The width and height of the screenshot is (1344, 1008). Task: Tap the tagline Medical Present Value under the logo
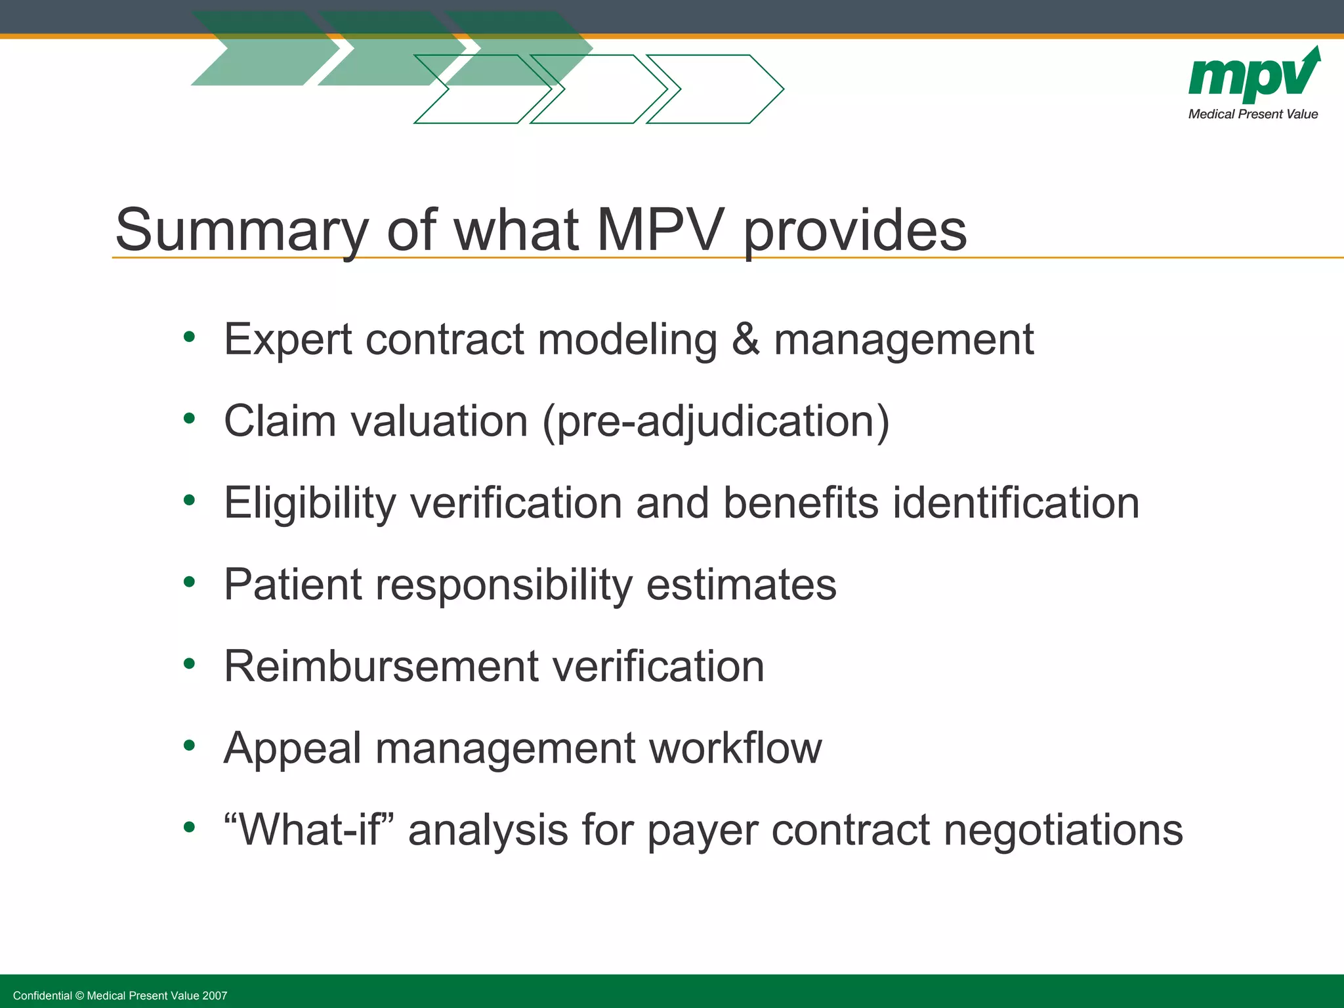pyautogui.click(x=1253, y=114)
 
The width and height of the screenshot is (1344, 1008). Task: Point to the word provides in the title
pyautogui.click(x=855, y=231)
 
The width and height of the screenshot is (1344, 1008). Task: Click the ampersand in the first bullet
pyautogui.click(x=745, y=339)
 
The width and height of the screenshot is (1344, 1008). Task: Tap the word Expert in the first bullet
pyautogui.click(x=288, y=341)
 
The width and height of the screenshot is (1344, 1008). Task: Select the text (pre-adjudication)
pyautogui.click(x=716, y=421)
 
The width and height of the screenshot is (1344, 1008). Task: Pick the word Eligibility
pyautogui.click(x=310, y=504)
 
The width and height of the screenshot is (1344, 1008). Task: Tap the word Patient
pyautogui.click(x=293, y=584)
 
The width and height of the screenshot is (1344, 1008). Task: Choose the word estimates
pyautogui.click(x=741, y=584)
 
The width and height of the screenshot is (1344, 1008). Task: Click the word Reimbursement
pyautogui.click(x=381, y=666)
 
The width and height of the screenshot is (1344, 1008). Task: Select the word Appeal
pyautogui.click(x=292, y=749)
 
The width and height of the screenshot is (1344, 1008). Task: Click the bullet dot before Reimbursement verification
pyautogui.click(x=190, y=663)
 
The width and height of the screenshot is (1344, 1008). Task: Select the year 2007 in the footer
pyautogui.click(x=215, y=996)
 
